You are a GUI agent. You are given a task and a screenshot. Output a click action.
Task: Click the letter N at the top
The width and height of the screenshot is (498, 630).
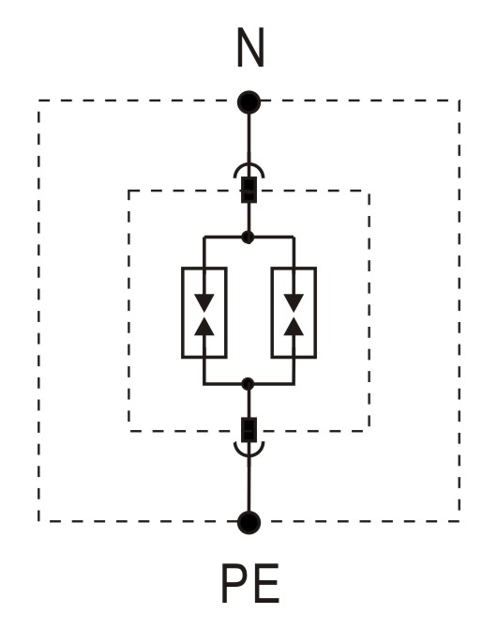coord(250,47)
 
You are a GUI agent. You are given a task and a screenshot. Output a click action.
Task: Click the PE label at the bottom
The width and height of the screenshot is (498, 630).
coord(250,583)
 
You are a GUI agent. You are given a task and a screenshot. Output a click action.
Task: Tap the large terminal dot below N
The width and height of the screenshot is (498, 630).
coord(249,102)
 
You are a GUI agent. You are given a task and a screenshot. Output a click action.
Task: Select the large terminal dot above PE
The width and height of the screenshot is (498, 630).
coord(249,522)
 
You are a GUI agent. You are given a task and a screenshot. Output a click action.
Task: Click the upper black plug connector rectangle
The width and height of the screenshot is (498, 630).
coord(249,190)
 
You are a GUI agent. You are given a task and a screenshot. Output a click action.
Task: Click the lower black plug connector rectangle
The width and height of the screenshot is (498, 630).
coord(249,430)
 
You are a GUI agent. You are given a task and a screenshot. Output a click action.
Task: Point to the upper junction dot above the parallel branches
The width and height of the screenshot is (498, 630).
coord(249,237)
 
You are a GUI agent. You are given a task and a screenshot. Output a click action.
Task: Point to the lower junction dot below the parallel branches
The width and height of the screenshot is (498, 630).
coord(249,384)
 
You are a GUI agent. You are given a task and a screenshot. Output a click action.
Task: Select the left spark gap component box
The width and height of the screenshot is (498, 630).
coord(204,313)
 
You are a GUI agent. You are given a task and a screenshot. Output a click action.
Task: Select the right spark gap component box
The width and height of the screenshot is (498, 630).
coord(294,313)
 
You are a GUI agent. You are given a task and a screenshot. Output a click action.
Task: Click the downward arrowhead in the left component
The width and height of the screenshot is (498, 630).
coord(204,302)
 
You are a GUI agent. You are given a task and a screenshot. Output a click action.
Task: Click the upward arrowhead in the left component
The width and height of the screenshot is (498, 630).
coord(204,326)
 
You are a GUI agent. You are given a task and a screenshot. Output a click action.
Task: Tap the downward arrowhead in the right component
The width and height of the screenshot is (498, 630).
coord(294,302)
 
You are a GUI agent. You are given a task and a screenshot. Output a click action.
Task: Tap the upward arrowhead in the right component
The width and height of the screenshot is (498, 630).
coord(294,326)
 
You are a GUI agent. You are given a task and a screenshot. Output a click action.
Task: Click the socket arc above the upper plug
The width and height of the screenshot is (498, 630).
coord(249,164)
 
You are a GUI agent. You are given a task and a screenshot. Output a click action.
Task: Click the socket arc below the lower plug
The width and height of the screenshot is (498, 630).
coord(249,455)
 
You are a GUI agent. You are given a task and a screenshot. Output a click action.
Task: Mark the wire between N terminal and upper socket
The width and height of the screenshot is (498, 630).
coord(249,139)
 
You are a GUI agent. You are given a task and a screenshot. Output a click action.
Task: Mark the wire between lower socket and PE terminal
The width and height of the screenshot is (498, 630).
coord(249,484)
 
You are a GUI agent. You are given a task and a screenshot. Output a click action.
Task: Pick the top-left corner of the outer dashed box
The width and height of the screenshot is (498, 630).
coord(39,100)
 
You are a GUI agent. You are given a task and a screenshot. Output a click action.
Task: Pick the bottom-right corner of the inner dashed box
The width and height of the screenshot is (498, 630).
coord(369,431)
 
